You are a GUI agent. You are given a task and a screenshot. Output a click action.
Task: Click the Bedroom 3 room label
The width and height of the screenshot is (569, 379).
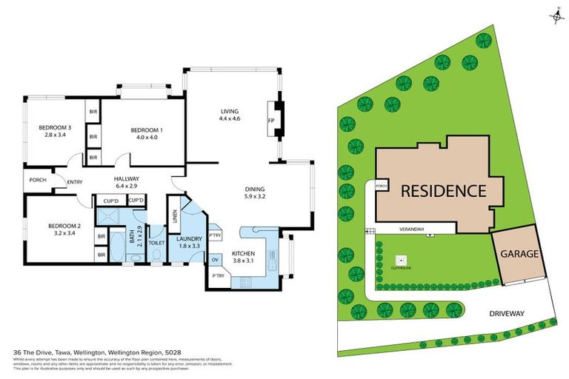(54, 127)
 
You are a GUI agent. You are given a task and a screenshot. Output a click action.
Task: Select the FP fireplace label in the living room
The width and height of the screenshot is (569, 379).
(270, 119)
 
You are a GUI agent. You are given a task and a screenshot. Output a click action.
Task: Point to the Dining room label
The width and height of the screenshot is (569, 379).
(255, 189)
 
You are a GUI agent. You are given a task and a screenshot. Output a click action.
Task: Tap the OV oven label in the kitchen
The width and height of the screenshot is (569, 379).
(215, 259)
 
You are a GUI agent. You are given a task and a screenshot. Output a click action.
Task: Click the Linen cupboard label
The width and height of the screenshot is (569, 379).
(174, 215)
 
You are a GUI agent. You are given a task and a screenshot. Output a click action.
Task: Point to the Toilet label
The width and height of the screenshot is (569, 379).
(156, 242)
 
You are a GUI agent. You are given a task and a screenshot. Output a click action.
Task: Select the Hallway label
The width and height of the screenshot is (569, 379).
(127, 179)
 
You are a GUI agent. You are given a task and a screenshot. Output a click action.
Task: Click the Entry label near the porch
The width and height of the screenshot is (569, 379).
(75, 183)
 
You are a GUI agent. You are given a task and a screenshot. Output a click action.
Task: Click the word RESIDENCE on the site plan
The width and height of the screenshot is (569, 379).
(443, 190)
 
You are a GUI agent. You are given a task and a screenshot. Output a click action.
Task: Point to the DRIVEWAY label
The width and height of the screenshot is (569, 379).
(506, 313)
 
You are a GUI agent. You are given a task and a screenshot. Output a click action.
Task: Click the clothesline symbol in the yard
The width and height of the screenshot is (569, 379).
(399, 261)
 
